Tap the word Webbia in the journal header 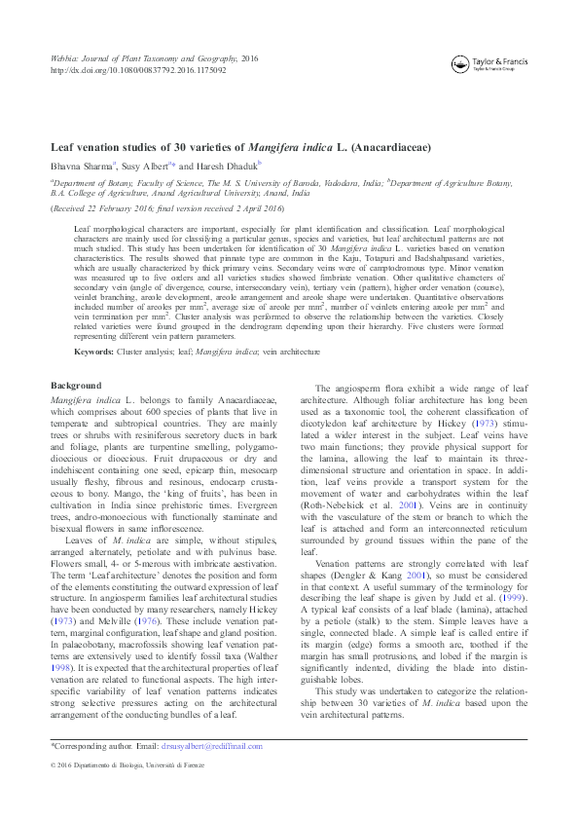(x=63, y=59)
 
